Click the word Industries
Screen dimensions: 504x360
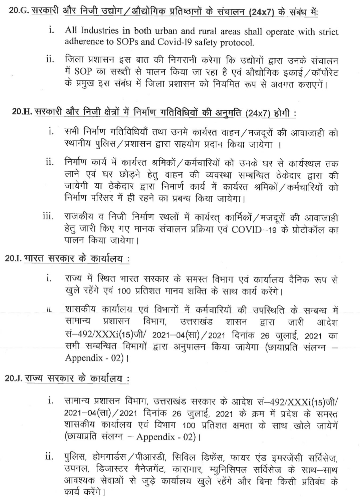coord(98,32)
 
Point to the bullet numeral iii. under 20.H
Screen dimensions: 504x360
coord(48,217)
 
